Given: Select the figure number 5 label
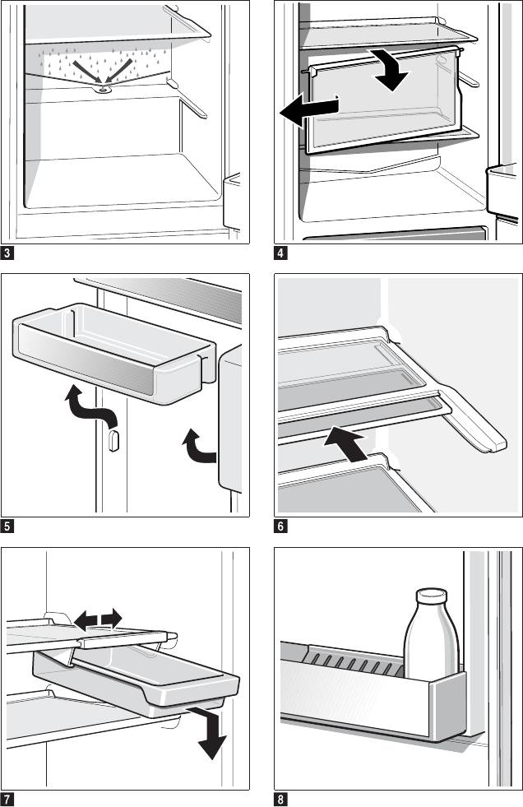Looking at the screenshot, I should point(7,526).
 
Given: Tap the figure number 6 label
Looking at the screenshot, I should point(281,526).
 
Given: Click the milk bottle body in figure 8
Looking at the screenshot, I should point(429,642).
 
